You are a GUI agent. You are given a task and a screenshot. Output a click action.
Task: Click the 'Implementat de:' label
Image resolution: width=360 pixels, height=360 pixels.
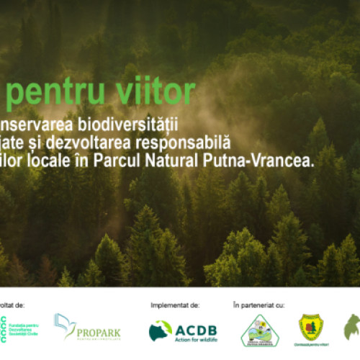[x=175, y=305]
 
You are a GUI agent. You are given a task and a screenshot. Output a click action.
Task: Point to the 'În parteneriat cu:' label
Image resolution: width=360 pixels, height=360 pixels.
[x=259, y=305]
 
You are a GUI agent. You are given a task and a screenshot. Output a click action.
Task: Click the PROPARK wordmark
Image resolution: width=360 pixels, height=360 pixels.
[x=97, y=333]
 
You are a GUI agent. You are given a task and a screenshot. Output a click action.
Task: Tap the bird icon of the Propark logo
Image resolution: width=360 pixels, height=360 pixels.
[x=64, y=326]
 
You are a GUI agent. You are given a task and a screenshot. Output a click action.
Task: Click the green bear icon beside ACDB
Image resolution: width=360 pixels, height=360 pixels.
[x=161, y=330]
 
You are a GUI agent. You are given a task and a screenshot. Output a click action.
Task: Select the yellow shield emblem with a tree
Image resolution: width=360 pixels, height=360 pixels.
[x=310, y=328]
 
